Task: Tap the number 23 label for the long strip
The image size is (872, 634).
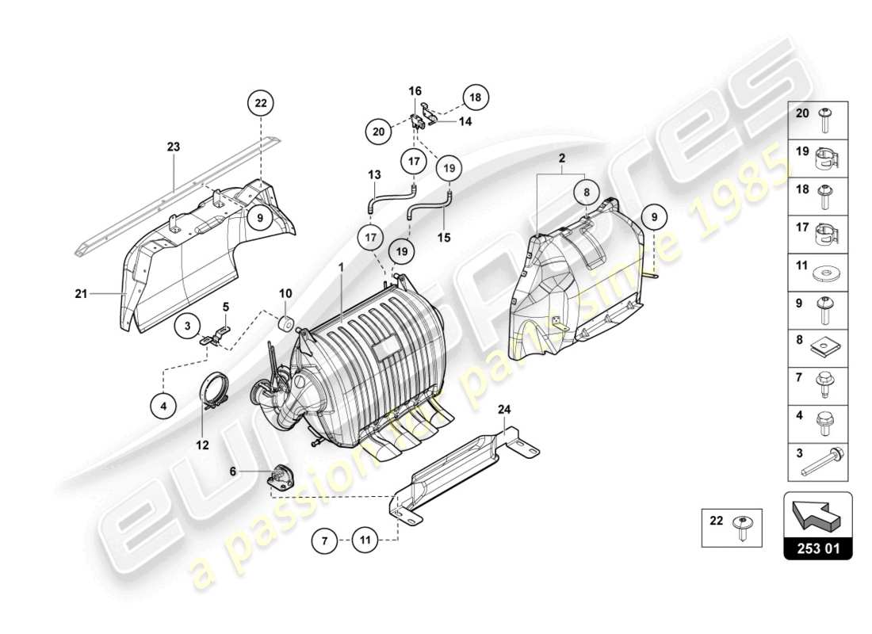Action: (174, 146)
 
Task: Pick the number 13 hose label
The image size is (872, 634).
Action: (374, 174)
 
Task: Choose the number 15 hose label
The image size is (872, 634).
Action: (445, 237)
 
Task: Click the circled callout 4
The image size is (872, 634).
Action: (163, 406)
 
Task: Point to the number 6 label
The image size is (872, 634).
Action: (233, 471)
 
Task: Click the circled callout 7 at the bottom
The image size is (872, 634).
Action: (323, 543)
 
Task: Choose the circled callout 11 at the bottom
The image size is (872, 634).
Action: (365, 543)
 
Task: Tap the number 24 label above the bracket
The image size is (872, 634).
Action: (504, 409)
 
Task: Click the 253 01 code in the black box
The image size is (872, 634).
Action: (817, 548)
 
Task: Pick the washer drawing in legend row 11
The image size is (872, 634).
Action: (829, 274)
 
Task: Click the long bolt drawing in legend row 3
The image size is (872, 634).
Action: (824, 461)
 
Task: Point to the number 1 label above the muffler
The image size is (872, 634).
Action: (342, 269)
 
